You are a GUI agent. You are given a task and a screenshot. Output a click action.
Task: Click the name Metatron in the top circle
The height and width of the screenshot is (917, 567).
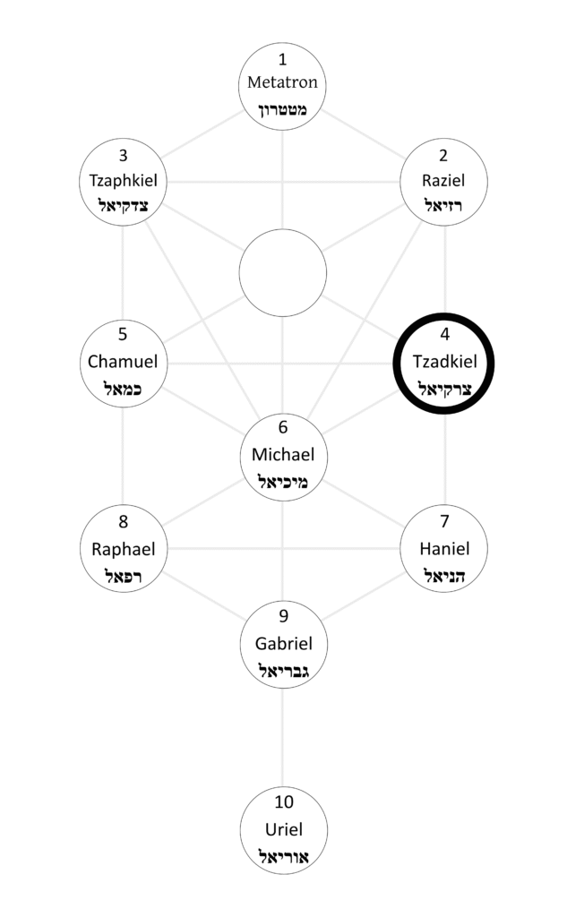click(283, 83)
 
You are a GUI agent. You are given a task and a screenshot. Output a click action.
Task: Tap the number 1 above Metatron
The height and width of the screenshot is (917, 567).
click(283, 60)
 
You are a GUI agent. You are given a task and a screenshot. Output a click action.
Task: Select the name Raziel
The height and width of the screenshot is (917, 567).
click(443, 180)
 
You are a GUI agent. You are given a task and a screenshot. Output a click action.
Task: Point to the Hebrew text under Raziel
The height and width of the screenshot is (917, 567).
click(443, 204)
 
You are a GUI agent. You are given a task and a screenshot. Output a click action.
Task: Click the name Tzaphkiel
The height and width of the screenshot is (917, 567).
click(124, 180)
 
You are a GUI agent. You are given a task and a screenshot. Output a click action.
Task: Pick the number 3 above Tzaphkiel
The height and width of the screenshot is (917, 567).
click(124, 156)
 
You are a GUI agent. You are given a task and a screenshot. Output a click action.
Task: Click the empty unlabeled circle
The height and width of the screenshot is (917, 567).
click(283, 272)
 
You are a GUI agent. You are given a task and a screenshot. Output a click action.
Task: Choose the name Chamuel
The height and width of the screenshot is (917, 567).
click(123, 362)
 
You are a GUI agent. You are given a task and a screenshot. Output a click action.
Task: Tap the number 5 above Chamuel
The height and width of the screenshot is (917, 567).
click(123, 335)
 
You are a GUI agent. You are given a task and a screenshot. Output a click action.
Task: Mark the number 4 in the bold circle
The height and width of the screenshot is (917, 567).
click(444, 336)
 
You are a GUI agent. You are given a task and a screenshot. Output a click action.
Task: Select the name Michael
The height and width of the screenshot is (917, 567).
click(283, 455)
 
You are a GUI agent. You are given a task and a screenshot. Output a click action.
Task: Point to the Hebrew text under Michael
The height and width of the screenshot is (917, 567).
click(283, 482)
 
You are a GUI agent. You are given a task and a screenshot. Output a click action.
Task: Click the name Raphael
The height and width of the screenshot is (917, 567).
click(124, 548)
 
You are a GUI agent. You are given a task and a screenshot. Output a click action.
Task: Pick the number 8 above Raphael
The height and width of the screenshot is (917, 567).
click(124, 522)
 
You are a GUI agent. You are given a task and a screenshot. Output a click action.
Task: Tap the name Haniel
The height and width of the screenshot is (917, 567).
click(444, 548)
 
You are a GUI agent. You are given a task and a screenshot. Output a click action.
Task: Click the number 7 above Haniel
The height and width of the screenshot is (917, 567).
click(444, 522)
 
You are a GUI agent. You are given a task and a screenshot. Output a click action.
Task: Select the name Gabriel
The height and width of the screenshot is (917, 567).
click(283, 643)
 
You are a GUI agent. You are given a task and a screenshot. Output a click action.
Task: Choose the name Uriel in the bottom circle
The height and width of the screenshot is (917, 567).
click(284, 829)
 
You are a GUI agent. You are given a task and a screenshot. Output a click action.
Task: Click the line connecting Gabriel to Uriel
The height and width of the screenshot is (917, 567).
click(283, 734)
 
